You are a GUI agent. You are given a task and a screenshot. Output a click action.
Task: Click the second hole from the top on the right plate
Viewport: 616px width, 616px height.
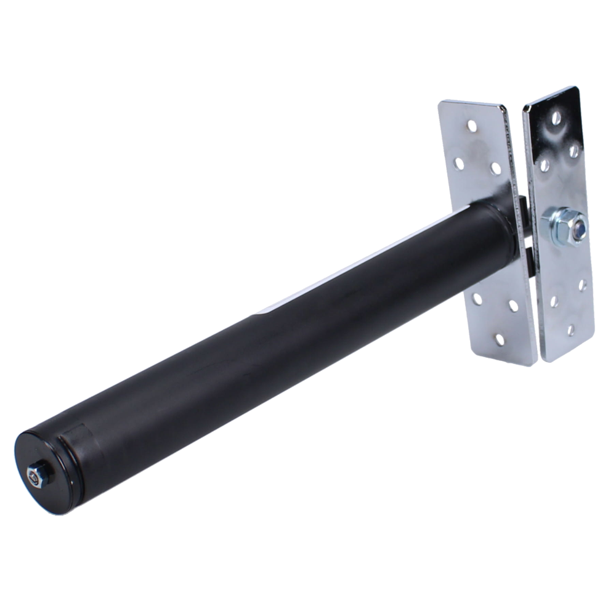572,148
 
